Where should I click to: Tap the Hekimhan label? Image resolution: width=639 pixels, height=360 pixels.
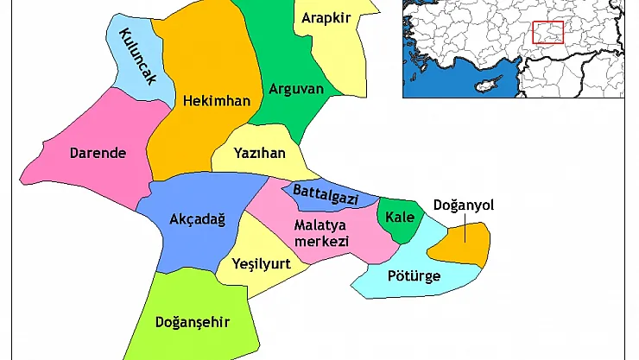click(217, 101)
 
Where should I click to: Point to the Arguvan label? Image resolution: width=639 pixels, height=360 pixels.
click(295, 88)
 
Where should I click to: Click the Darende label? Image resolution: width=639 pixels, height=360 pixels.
click(98, 154)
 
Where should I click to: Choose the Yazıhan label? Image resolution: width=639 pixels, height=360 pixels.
click(260, 154)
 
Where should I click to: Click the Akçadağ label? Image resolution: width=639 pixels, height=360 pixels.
click(197, 219)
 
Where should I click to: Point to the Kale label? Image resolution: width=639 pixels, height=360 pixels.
click(400, 216)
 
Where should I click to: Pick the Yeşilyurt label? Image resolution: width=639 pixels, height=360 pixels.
click(261, 264)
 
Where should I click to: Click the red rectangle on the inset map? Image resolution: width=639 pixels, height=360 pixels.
click(547, 33)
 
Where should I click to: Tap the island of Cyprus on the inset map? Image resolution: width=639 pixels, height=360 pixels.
click(490, 84)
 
